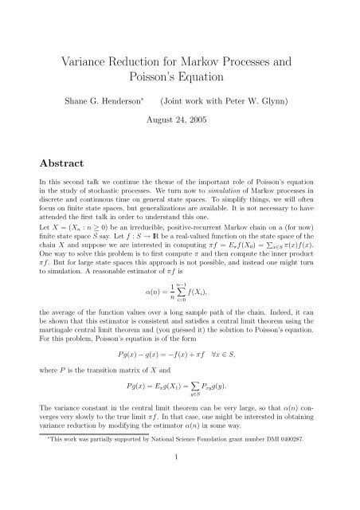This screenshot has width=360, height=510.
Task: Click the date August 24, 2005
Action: point(179,126)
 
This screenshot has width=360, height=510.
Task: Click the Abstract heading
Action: point(61,164)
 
